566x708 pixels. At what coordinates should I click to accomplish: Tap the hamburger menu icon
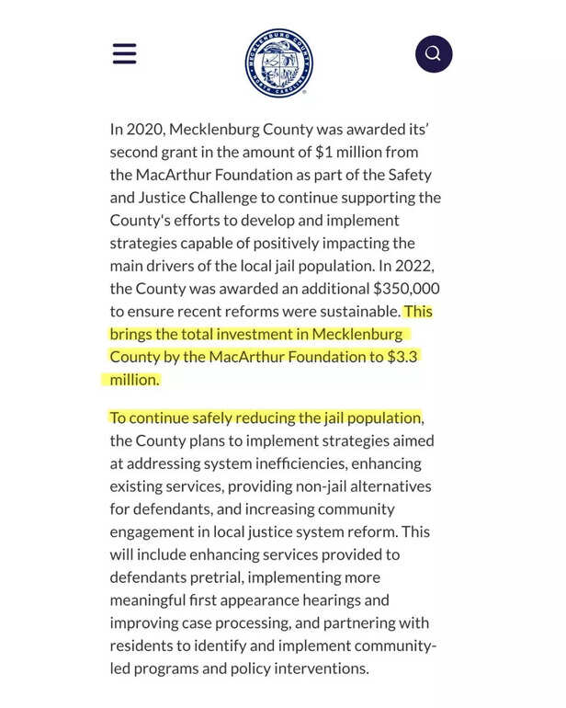pos(124,53)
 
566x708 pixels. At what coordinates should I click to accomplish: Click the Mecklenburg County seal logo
pos(278,63)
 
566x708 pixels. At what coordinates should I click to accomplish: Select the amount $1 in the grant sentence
pos(323,152)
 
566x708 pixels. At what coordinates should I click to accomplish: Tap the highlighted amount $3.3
pos(401,357)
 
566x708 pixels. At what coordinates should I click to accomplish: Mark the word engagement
pos(152,531)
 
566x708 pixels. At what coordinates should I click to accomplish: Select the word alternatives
pos(387,486)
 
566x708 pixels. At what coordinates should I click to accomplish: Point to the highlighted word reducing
pos(263,417)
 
